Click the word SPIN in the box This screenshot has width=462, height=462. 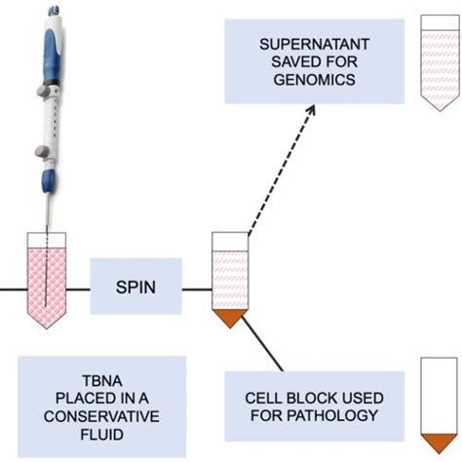click(135, 287)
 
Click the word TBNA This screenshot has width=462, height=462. click(102, 382)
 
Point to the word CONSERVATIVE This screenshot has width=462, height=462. click(102, 417)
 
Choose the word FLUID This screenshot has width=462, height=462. click(102, 435)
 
